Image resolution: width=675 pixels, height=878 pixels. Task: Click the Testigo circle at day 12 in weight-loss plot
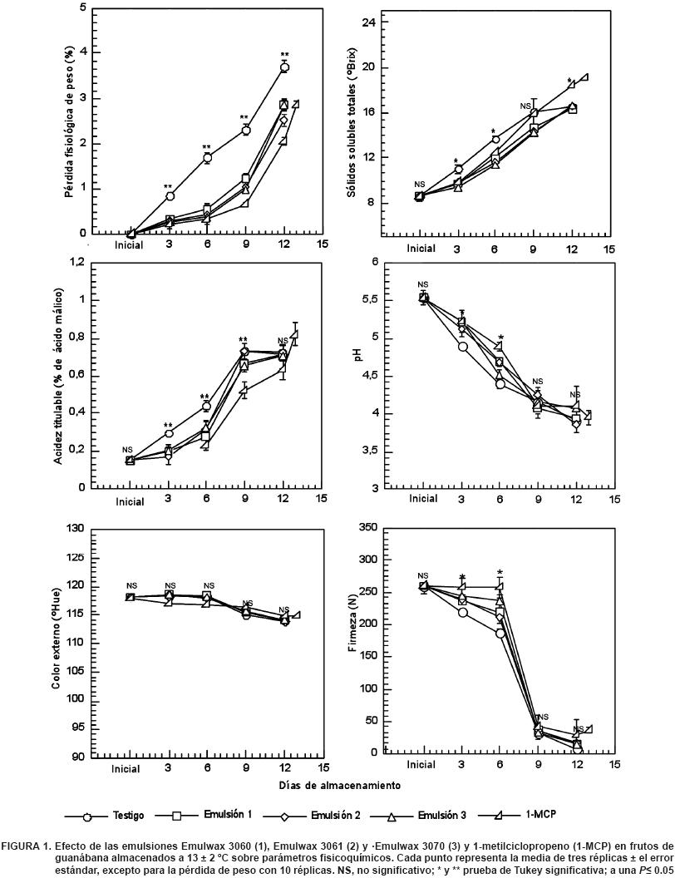(284, 67)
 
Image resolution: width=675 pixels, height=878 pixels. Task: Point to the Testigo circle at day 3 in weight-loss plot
(170, 196)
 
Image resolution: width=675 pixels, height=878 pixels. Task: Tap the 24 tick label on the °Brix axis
(370, 22)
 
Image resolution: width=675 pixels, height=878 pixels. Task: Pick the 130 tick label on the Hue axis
(76, 528)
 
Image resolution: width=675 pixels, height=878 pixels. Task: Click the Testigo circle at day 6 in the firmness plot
(500, 634)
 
